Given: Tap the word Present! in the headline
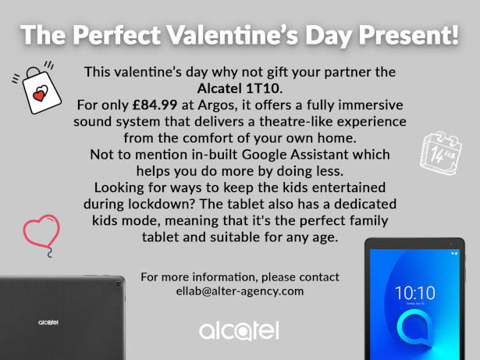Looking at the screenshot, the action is pyautogui.click(x=409, y=34).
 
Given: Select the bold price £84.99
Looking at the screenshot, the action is pyautogui.click(x=155, y=105).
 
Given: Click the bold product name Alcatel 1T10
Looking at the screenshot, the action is pyautogui.click(x=240, y=88).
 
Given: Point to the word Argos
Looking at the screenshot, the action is pyautogui.click(x=218, y=105).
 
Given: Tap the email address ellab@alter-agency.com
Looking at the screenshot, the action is pyautogui.click(x=240, y=290).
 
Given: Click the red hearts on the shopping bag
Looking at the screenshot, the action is pyautogui.click(x=41, y=94).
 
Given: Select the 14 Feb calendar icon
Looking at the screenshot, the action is pyautogui.click(x=440, y=153).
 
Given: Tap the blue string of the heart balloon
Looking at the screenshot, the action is pyautogui.click(x=49, y=253).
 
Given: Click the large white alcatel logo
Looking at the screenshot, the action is pyautogui.click(x=239, y=330).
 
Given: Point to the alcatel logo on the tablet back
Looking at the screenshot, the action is pyautogui.click(x=48, y=323).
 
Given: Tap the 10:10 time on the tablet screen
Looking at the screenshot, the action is pyautogui.click(x=414, y=293).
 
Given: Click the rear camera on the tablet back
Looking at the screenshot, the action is pyautogui.click(x=119, y=284).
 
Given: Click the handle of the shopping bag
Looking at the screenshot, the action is pyautogui.click(x=33, y=73).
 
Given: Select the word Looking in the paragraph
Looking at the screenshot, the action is pyautogui.click(x=119, y=188).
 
